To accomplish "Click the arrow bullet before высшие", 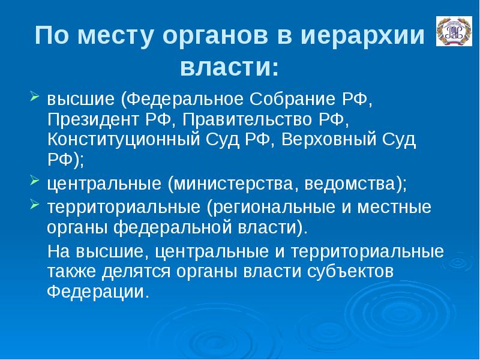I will (x=34, y=96).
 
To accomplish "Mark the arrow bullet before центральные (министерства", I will (x=34, y=181).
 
